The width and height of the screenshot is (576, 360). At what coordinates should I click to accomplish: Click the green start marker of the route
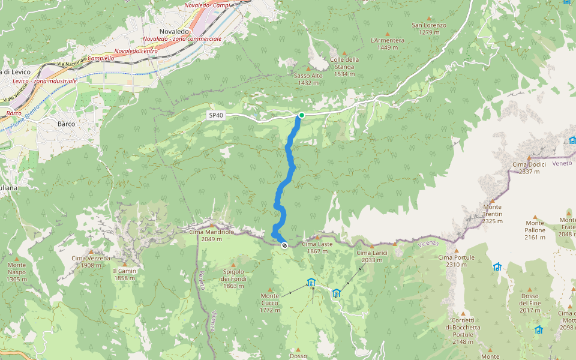click(x=301, y=115)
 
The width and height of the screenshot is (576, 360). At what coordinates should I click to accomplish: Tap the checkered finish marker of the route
click(x=284, y=245)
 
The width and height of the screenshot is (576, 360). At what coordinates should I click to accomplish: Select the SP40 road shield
click(x=216, y=115)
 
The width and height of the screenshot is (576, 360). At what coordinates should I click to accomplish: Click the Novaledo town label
click(x=175, y=31)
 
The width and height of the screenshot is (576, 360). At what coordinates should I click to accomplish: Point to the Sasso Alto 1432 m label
click(x=308, y=79)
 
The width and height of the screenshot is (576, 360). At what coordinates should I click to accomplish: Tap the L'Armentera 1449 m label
click(x=388, y=44)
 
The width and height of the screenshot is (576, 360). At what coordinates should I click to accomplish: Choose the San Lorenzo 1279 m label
click(x=429, y=28)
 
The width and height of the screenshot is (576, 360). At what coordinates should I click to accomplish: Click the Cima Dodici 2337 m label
click(x=529, y=167)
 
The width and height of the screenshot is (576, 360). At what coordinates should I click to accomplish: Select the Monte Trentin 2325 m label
click(x=492, y=214)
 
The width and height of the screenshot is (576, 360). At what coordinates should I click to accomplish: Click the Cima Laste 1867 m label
click(x=317, y=247)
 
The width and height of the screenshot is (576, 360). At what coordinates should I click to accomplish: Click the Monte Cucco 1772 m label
click(x=270, y=303)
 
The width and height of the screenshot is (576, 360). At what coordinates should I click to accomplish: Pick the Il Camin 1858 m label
click(x=125, y=274)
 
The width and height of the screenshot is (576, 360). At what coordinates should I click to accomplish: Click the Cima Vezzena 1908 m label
click(x=91, y=262)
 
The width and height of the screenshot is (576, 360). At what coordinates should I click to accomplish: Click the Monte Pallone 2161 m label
click(x=535, y=233)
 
